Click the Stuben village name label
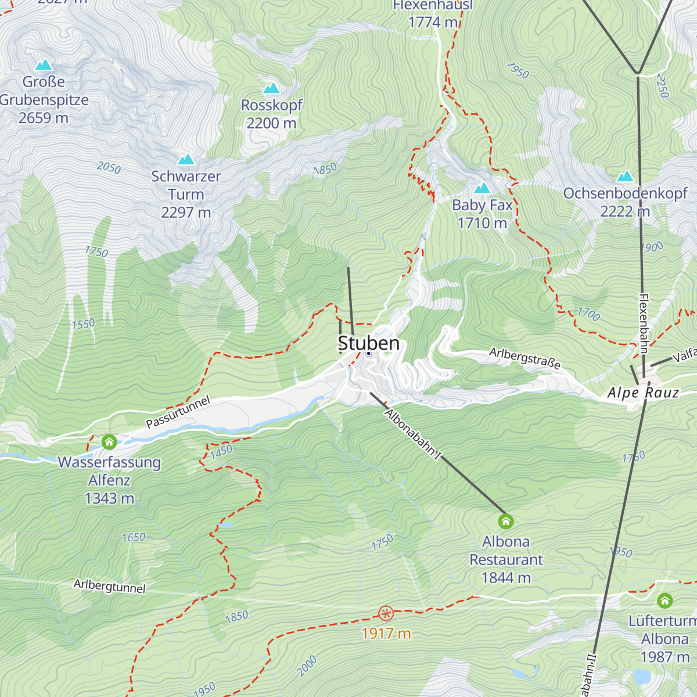[x=369, y=343]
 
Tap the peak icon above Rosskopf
[x=271, y=88]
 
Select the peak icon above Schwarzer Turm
[x=186, y=159]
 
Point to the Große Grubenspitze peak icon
[x=44, y=65]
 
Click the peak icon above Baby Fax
[x=482, y=188]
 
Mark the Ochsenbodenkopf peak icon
[x=625, y=176]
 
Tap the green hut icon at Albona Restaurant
[x=506, y=521]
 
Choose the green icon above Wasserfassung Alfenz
[x=109, y=442]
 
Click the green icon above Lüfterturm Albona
[x=664, y=600]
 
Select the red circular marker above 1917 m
[x=386, y=613]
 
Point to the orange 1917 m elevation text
[x=386, y=634]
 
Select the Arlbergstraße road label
[x=524, y=358]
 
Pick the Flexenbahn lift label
[x=644, y=323]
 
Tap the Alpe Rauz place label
[x=643, y=393]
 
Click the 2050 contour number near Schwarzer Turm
[x=109, y=168]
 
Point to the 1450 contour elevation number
[x=221, y=451]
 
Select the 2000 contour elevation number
[x=307, y=665]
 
